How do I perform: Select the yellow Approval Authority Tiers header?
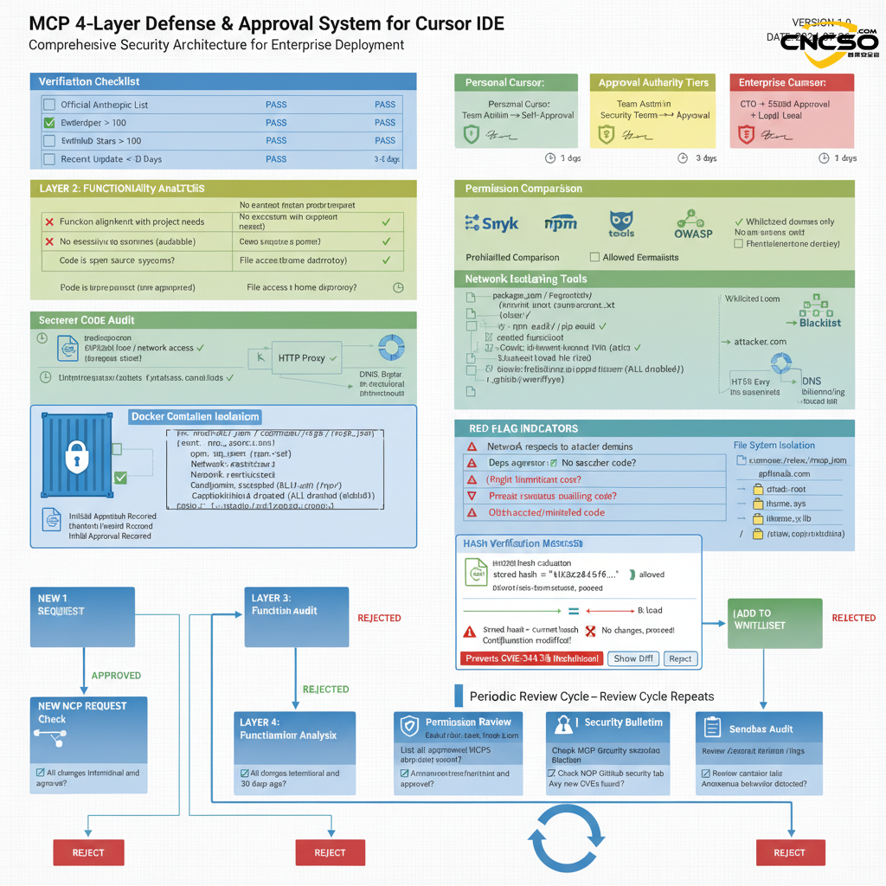pyautogui.click(x=653, y=83)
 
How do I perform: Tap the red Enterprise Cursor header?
pyautogui.click(x=791, y=83)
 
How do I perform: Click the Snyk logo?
pyautogui.click(x=491, y=223)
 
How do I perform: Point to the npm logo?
pyautogui.click(x=560, y=224)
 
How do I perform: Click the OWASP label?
pyautogui.click(x=694, y=233)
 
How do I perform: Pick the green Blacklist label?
pyautogui.click(x=819, y=323)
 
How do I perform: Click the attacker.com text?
pyautogui.click(x=759, y=342)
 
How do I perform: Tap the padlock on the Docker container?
pyautogui.click(x=78, y=455)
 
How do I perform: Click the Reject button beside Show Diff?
pyautogui.click(x=680, y=658)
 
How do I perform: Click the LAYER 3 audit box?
pyautogui.click(x=296, y=616)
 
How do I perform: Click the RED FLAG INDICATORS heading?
pyautogui.click(x=523, y=428)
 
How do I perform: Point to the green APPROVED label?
pyautogui.click(x=116, y=676)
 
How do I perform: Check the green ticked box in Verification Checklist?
pyautogui.click(x=49, y=123)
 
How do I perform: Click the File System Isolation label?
pyautogui.click(x=774, y=446)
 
